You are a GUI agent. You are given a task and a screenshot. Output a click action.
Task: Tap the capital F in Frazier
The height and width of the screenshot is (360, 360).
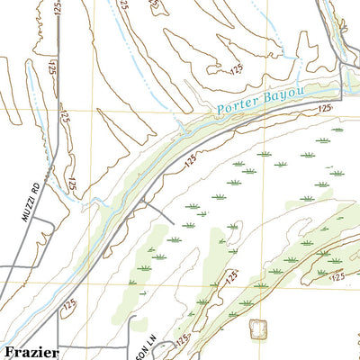point(9,352)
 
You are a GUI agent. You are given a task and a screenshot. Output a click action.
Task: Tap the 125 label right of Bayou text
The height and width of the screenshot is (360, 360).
point(325,107)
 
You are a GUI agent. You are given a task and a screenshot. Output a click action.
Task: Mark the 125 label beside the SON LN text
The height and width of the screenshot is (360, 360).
point(184,339)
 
